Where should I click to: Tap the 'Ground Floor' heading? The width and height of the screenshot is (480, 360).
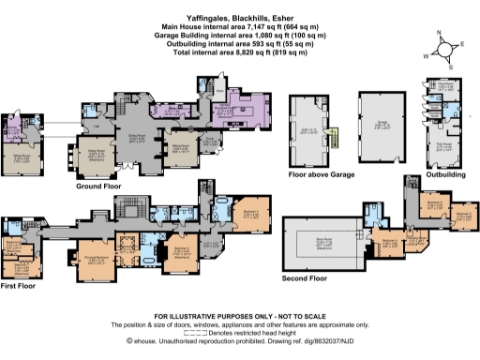(x=98, y=187)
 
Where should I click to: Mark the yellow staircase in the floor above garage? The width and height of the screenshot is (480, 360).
(x=332, y=141)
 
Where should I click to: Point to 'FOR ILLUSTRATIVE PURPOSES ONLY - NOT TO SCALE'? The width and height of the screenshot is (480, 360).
(x=239, y=317)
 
